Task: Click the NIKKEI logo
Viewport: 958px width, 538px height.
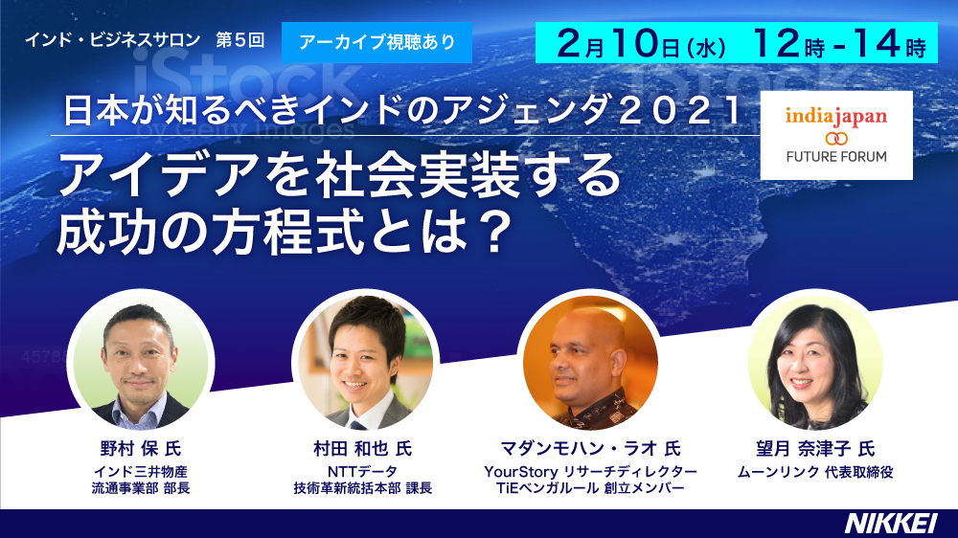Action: [x=891, y=524]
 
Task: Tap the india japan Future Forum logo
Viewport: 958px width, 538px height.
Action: [x=836, y=136]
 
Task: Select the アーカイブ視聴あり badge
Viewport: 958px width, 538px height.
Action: [x=376, y=42]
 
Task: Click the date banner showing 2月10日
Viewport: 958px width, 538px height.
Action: [x=736, y=43]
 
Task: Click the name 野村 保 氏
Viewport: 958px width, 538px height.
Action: [x=141, y=449]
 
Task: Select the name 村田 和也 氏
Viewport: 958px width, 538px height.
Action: [x=363, y=449]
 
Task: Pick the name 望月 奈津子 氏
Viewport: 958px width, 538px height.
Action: [x=815, y=449]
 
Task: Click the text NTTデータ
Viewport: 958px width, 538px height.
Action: [x=362, y=472]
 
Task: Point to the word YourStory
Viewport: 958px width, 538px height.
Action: [x=521, y=472]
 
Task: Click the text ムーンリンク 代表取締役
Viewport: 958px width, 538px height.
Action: [x=815, y=472]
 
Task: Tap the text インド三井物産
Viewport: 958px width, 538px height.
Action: [x=141, y=472]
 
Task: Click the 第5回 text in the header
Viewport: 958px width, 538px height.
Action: [x=240, y=40]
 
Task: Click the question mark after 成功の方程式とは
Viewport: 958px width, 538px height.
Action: [x=491, y=233]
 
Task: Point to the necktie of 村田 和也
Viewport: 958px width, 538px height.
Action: [x=358, y=423]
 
